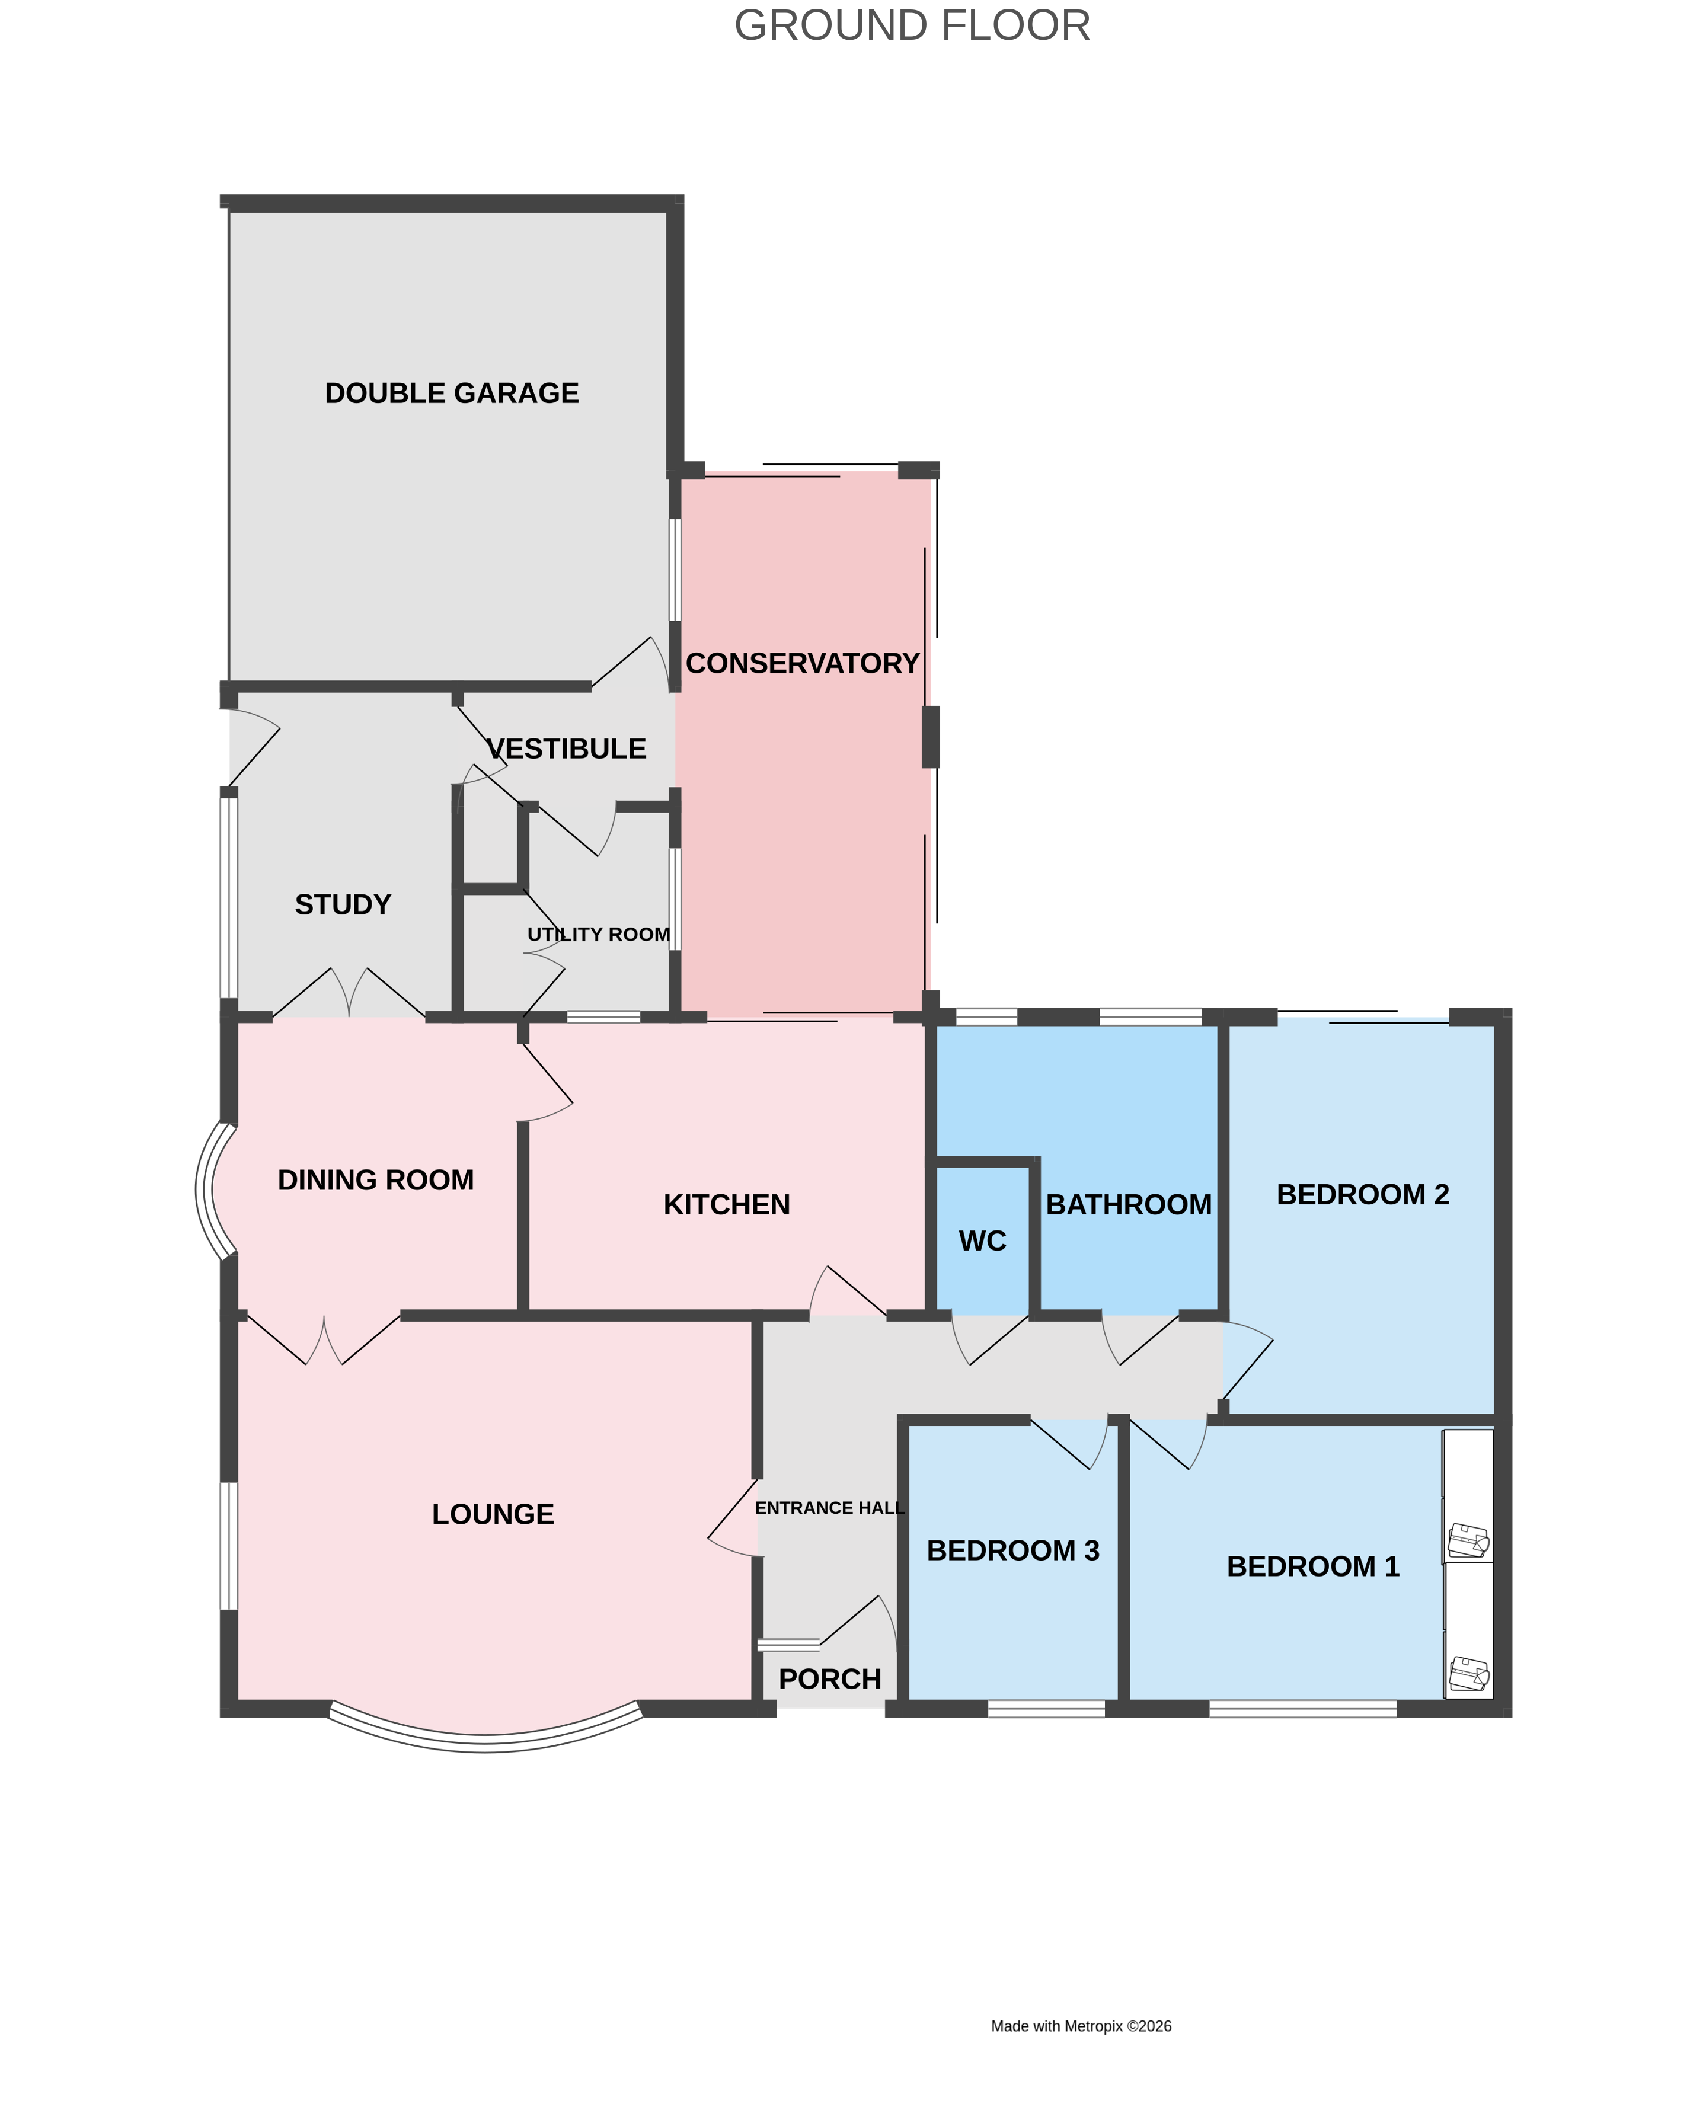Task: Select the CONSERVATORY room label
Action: (x=803, y=664)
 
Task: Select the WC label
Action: (x=982, y=1241)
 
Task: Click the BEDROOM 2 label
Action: (x=1363, y=1195)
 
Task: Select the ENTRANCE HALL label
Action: (x=829, y=1508)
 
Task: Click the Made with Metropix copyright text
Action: (x=1081, y=2026)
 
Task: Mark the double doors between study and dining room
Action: (x=349, y=995)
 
